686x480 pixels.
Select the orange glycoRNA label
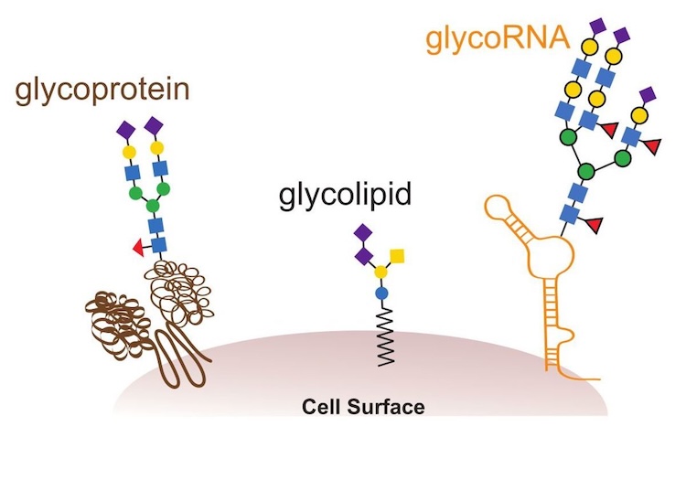[498, 38]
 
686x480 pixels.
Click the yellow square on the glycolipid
[397, 253]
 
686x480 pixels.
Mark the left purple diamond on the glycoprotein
[125, 128]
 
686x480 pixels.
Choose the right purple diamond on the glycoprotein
[155, 124]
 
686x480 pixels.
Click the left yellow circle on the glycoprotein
[129, 150]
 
